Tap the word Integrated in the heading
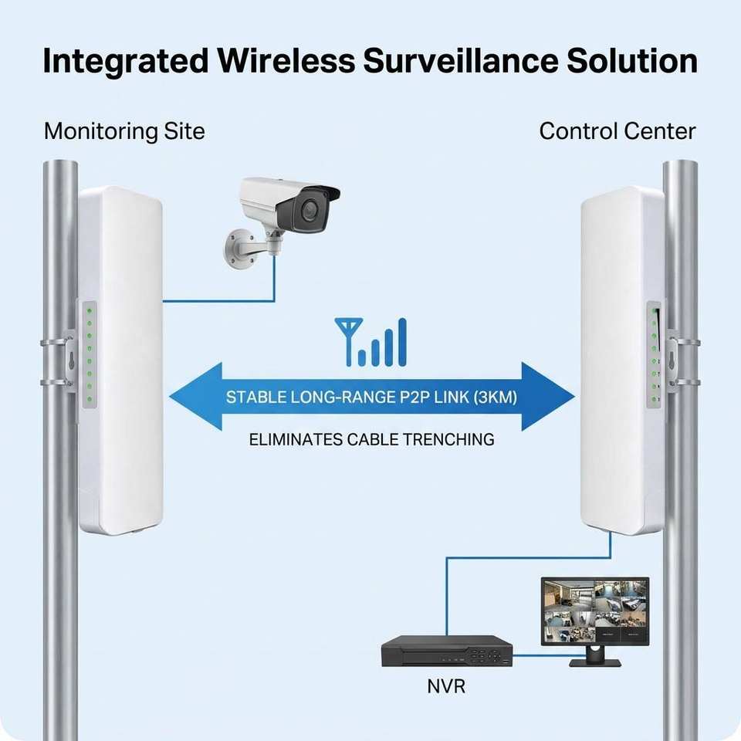pyautogui.click(x=125, y=62)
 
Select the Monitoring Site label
pyautogui.click(x=124, y=131)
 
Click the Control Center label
pyautogui.click(x=617, y=131)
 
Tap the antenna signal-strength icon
pyautogui.click(x=370, y=342)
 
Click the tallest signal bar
pyautogui.click(x=402, y=342)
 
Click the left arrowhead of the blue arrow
pyautogui.click(x=195, y=397)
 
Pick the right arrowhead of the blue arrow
pyautogui.click(x=548, y=397)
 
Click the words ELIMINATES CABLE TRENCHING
pyautogui.click(x=371, y=439)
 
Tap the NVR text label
pyautogui.click(x=446, y=686)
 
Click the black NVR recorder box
pyautogui.click(x=447, y=651)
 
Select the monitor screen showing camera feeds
pyautogui.click(x=595, y=611)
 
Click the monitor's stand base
pyautogui.click(x=594, y=662)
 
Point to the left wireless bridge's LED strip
pyautogui.click(x=90, y=354)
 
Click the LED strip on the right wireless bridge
pyautogui.click(x=654, y=354)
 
